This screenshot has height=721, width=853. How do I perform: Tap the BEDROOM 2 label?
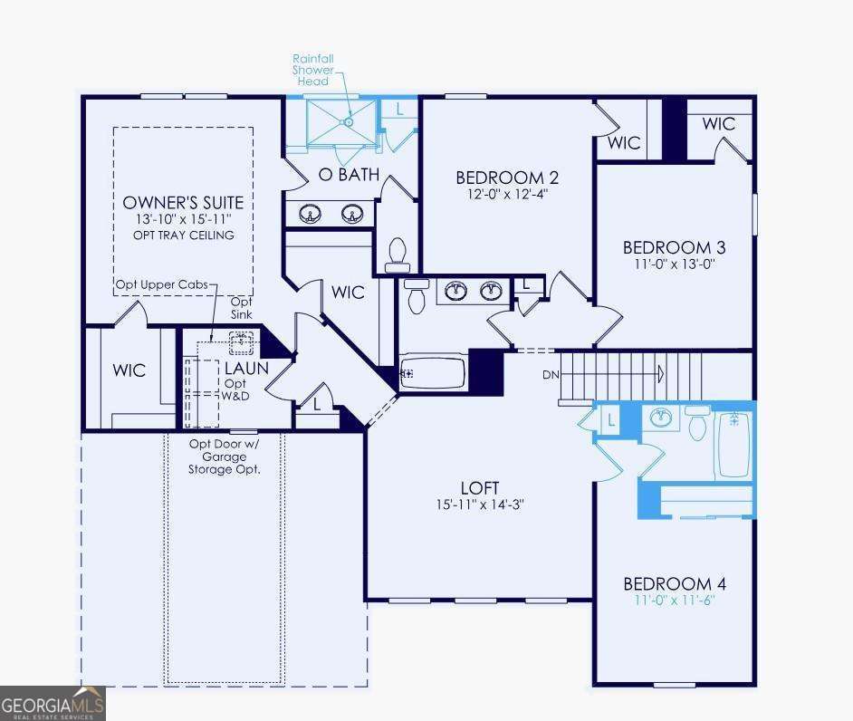coord(501,177)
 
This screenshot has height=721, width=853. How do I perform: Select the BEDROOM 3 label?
coord(674,247)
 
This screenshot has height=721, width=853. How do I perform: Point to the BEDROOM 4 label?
coord(674,584)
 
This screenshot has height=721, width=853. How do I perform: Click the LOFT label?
coord(479,487)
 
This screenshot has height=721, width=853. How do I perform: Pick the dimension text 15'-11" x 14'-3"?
coord(479,505)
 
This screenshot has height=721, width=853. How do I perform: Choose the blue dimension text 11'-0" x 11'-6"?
coord(674,601)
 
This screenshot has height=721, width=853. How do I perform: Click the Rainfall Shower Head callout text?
coord(313,69)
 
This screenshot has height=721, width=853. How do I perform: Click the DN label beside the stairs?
coord(551,374)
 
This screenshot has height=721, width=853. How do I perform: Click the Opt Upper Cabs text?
coord(161,285)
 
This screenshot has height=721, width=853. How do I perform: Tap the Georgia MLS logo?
coord(53,703)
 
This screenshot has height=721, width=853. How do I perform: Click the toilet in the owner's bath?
coord(398,254)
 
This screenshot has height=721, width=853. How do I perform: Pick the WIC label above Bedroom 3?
coord(718,124)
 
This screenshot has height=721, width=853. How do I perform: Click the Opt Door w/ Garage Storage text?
coord(224,457)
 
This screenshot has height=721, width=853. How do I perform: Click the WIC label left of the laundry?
coord(129,371)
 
